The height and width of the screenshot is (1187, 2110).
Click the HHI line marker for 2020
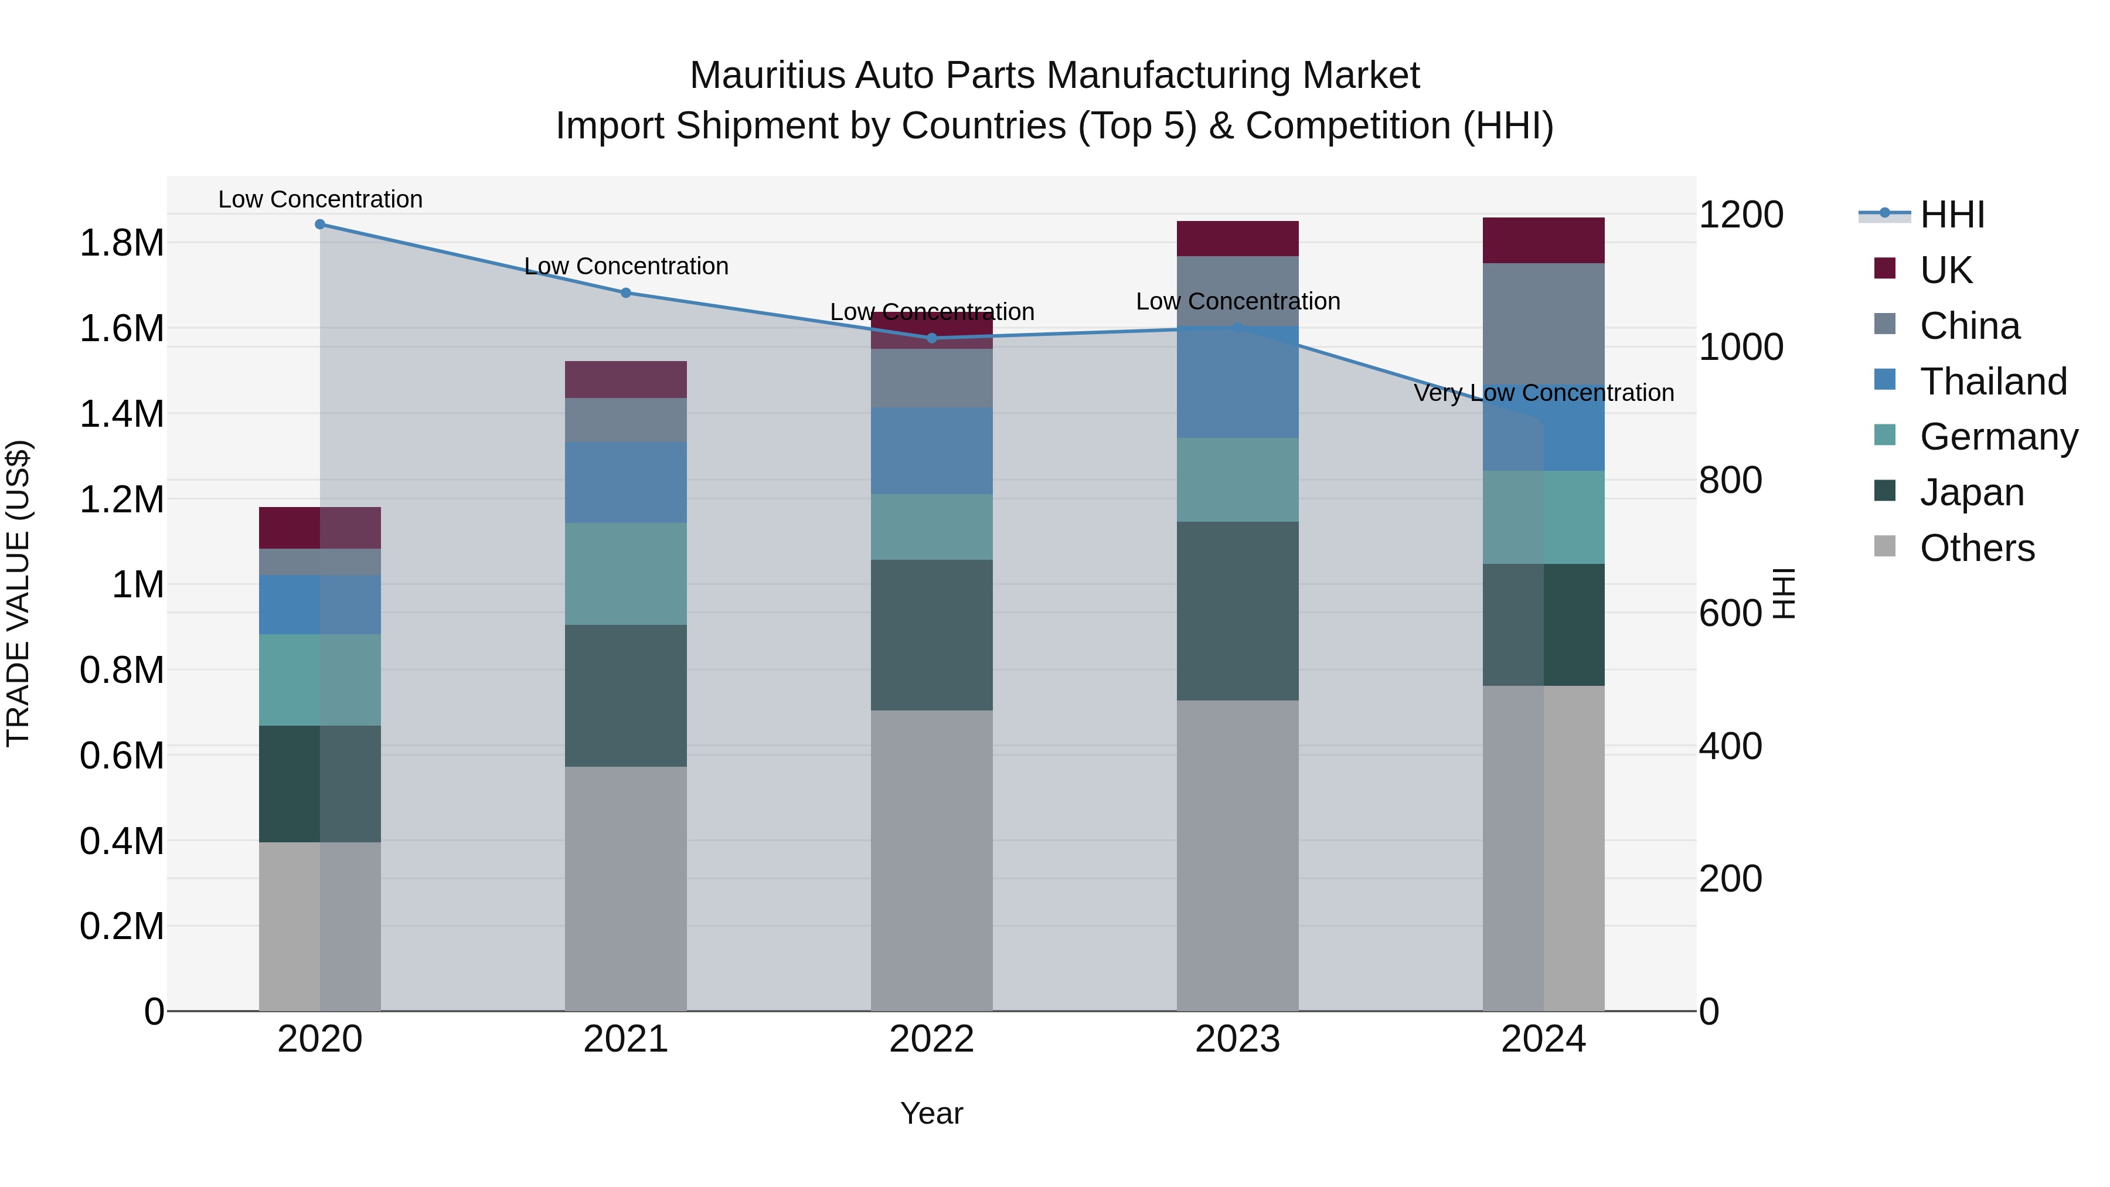(x=319, y=225)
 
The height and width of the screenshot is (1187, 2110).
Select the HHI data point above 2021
(x=626, y=293)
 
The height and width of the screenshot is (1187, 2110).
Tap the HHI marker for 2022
(x=931, y=338)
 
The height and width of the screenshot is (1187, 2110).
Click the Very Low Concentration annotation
(x=1543, y=393)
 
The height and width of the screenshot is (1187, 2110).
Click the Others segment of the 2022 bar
(x=931, y=860)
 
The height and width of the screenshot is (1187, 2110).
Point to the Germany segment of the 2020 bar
(x=319, y=680)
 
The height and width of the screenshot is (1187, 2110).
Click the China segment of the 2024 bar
(x=1543, y=324)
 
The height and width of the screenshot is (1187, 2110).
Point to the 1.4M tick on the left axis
(x=121, y=414)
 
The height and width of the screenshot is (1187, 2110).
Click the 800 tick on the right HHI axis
(x=1730, y=480)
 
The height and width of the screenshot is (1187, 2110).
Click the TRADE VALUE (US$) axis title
(x=18, y=593)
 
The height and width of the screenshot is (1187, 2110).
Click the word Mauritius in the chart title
(x=767, y=76)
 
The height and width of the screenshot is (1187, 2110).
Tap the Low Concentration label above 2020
(x=319, y=199)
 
